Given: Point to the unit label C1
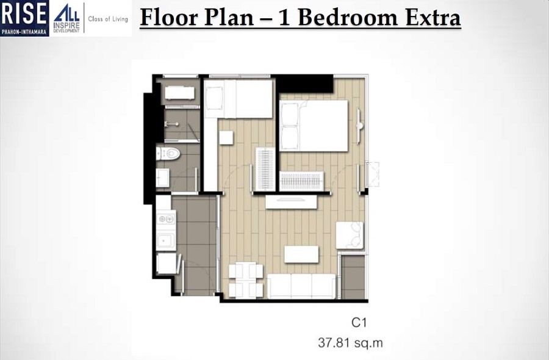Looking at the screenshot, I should coord(358,322).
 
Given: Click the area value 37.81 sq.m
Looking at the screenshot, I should coord(350,343).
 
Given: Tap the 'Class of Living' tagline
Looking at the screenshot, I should coord(109,18).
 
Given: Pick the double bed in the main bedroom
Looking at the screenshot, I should coord(314,125).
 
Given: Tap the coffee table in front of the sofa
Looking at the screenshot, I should coord(301,254).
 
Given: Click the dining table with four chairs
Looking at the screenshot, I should coord(245,280).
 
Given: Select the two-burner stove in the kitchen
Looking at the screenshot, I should coord(166,218).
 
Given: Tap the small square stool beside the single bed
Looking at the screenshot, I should coord(226,138).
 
